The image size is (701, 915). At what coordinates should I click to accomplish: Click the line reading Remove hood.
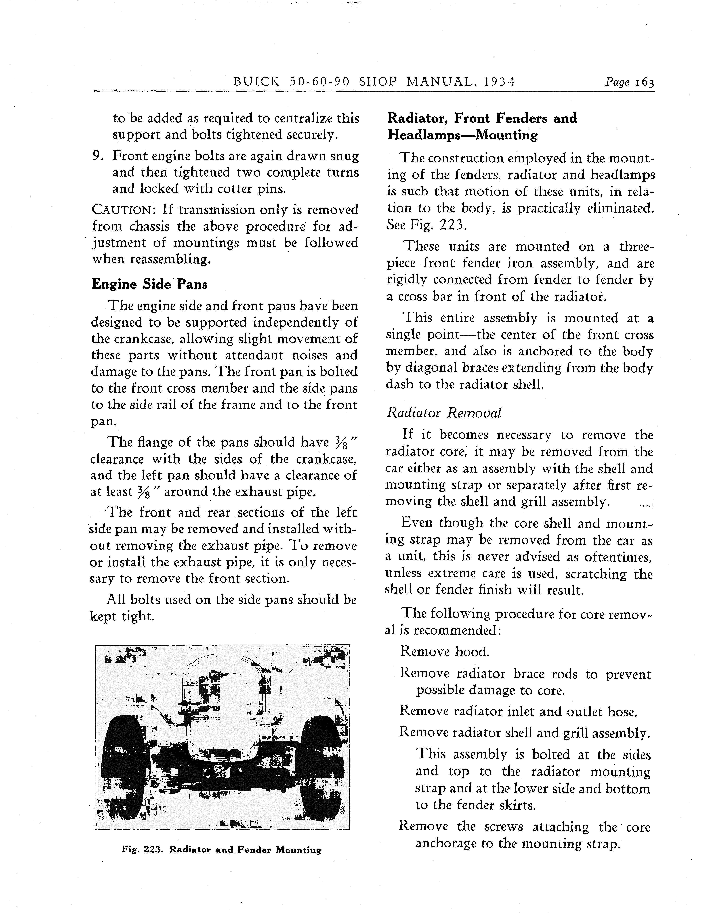point(445,652)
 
